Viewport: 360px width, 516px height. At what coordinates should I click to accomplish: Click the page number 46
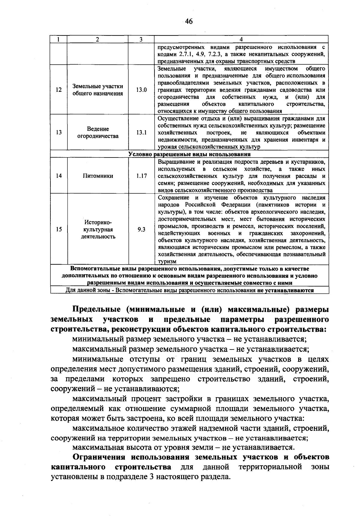(189, 21)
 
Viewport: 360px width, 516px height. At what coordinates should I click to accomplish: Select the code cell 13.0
(141, 90)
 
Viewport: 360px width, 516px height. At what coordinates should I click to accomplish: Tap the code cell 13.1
(141, 133)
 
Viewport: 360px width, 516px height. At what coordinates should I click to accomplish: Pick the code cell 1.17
(141, 176)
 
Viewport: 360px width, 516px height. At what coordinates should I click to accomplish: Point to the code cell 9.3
(141, 229)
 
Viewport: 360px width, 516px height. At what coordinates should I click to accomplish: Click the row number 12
(59, 90)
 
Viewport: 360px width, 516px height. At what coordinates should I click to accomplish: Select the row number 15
(59, 229)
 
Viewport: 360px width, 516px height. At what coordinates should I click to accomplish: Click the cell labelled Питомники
(98, 176)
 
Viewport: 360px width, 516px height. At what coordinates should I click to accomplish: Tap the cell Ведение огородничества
(98, 133)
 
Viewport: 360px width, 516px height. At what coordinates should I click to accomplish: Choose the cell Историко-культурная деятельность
(98, 229)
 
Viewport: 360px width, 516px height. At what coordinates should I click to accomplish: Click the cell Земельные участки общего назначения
(98, 90)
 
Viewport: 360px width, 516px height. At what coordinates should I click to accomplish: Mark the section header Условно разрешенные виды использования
(189, 154)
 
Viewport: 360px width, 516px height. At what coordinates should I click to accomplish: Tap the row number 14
(59, 176)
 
